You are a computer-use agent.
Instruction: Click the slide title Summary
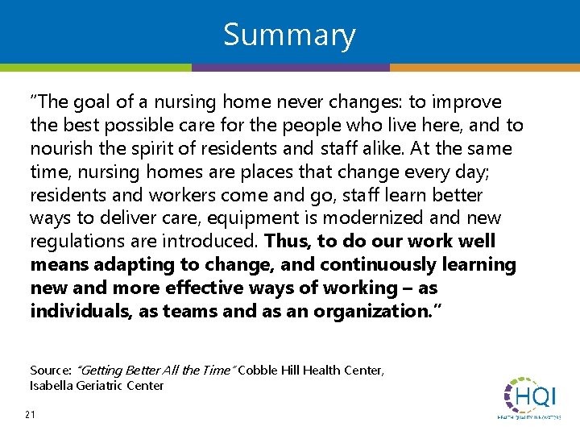(289, 35)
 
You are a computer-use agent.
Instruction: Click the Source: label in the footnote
(50, 370)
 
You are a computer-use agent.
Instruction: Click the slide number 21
(30, 414)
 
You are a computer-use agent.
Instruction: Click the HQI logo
(532, 397)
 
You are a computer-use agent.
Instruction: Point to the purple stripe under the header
(291, 68)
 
